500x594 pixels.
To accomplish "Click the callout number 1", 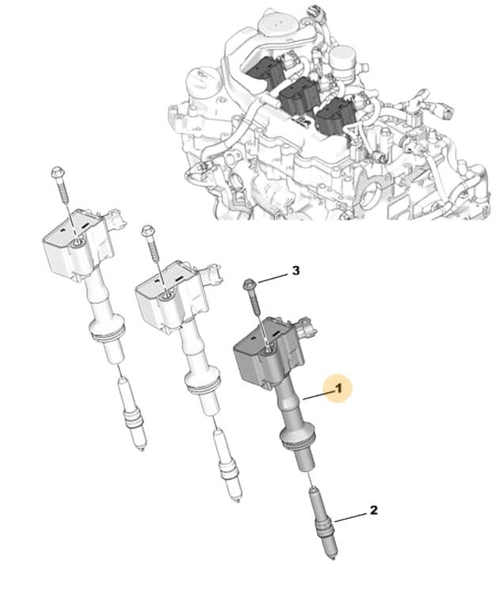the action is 338,387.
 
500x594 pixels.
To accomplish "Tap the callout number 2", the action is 373,510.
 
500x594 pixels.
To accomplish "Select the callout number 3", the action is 296,271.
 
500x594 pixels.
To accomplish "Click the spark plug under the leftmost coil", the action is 132,414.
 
